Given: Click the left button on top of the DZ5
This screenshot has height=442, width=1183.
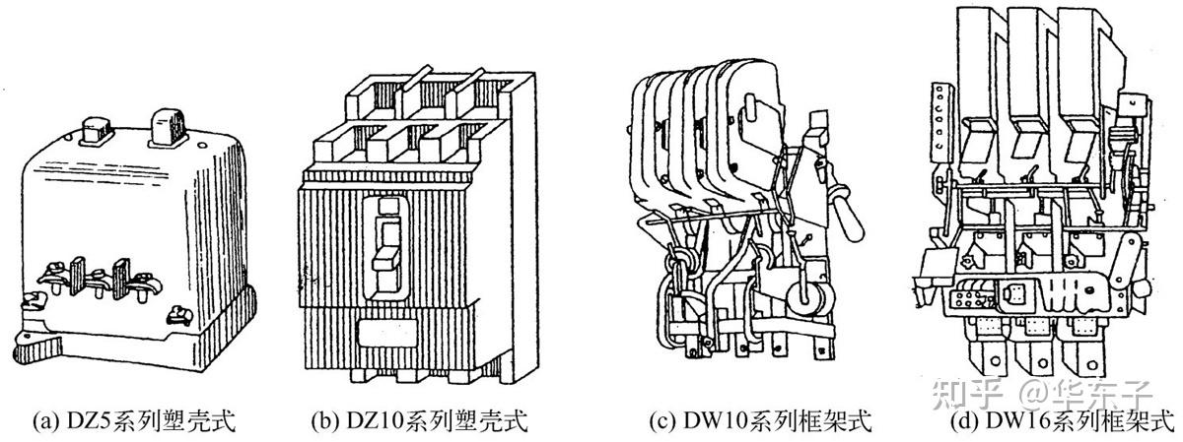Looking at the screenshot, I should coord(97,125).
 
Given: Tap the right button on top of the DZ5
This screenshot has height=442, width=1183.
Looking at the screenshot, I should coord(165,126).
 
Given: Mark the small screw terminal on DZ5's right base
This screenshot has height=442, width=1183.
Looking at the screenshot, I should coord(180,316).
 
